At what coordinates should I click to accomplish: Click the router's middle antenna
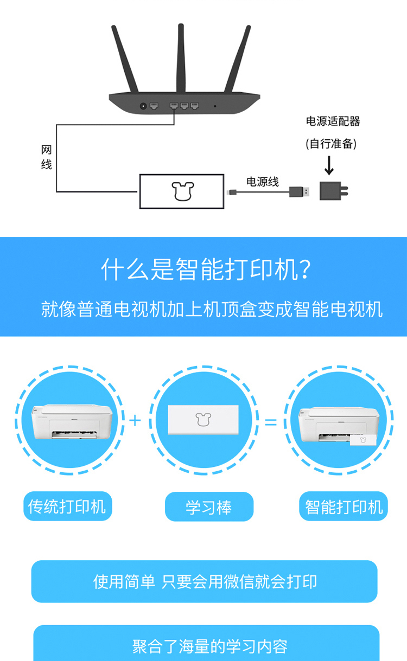pyautogui.click(x=181, y=59)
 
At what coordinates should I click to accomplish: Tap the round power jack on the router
pyautogui.click(x=143, y=106)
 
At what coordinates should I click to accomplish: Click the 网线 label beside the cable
pyautogui.click(x=46, y=157)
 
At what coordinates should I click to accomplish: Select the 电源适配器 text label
pyautogui.click(x=333, y=121)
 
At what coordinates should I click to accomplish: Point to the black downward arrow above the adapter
pyautogui.click(x=329, y=165)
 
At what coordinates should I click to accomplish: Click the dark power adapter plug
pyautogui.click(x=334, y=191)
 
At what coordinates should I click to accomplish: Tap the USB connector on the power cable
pyautogui.click(x=299, y=192)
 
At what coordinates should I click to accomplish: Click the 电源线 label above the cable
pyautogui.click(x=263, y=182)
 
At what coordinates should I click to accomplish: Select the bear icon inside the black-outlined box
pyautogui.click(x=183, y=191)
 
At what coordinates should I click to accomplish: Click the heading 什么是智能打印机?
pyautogui.click(x=206, y=269)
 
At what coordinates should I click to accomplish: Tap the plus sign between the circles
pyautogui.click(x=135, y=420)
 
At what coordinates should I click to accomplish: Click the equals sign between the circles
pyautogui.click(x=271, y=422)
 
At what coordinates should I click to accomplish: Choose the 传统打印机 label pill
pyautogui.click(x=68, y=506)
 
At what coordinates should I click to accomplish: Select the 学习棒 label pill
pyautogui.click(x=209, y=506)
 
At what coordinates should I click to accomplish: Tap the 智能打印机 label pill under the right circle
pyautogui.click(x=344, y=506)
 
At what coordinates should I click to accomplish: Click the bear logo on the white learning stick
pyautogui.click(x=203, y=420)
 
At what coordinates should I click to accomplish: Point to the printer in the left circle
pyautogui.click(x=72, y=422)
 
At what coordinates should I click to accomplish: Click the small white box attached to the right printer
pyautogui.click(x=363, y=440)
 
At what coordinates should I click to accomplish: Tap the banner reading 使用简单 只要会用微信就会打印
pyautogui.click(x=205, y=581)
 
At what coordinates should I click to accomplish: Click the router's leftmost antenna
pyautogui.click(x=125, y=59)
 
